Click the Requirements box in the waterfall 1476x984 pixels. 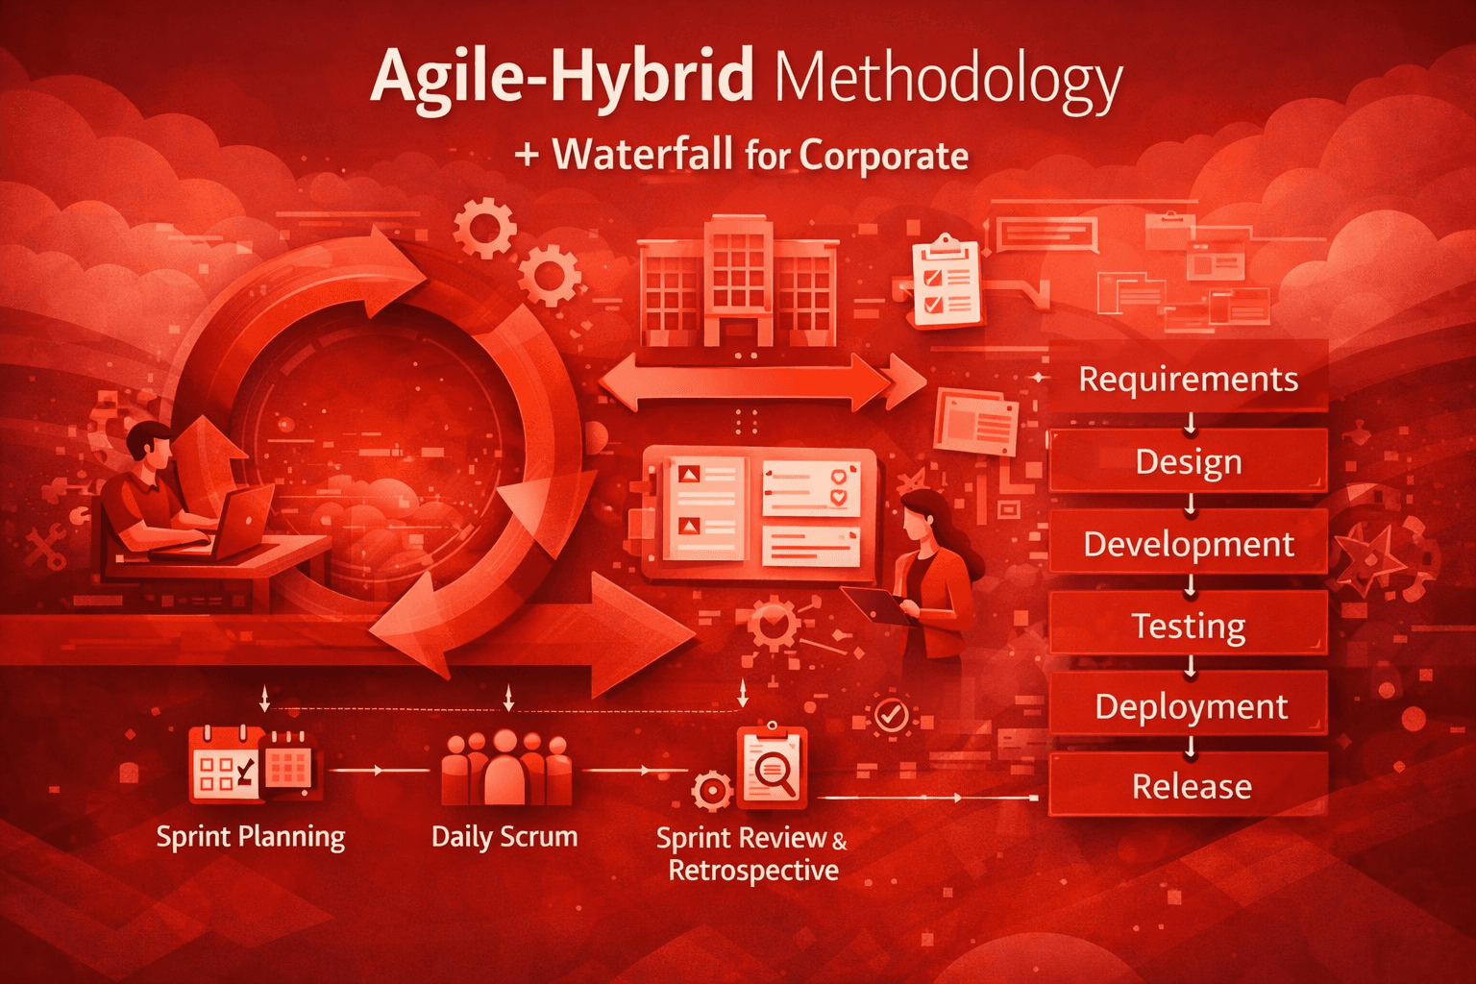tap(1188, 379)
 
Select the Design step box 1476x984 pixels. tap(1188, 461)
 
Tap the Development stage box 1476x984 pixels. tap(1188, 544)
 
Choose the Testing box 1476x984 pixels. tap(1188, 626)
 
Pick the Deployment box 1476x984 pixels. tap(1190, 706)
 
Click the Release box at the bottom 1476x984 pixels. tap(1190, 786)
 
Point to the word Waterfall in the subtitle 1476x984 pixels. tap(642, 155)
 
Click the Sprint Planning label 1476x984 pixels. tap(250, 836)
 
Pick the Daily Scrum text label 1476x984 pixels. tap(504, 836)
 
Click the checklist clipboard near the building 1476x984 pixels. tap(947, 282)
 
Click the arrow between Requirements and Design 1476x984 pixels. tap(1190, 423)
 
